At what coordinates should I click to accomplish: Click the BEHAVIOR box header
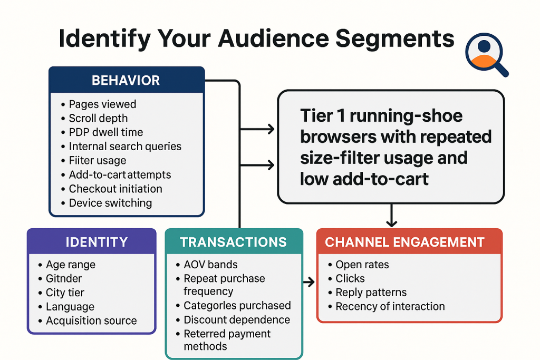pos(126,80)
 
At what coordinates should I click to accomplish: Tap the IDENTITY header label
pos(97,242)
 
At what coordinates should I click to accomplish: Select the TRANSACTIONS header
pos(233,242)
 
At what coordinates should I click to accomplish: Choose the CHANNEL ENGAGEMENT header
pos(404,242)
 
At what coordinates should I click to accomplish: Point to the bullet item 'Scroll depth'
pos(98,118)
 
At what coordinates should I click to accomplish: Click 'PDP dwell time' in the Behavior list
pos(105,132)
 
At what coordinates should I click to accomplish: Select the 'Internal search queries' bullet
pos(125,147)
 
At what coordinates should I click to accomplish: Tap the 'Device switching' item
pos(110,203)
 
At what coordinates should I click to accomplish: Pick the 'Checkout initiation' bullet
pos(115,189)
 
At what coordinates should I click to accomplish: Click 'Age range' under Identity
pos(71,265)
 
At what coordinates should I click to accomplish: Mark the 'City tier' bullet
pos(65,293)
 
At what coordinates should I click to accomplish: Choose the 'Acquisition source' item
pos(91,320)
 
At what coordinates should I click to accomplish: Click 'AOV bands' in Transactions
pos(210,264)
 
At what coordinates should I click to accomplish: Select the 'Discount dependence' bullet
pos(237,320)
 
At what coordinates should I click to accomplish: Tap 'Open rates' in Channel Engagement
pos(362,264)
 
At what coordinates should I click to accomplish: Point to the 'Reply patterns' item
pos(371,292)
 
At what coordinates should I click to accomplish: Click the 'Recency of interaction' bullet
pos(390,306)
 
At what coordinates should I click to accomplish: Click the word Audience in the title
pos(274,38)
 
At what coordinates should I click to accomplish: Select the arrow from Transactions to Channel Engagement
pos(309,282)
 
